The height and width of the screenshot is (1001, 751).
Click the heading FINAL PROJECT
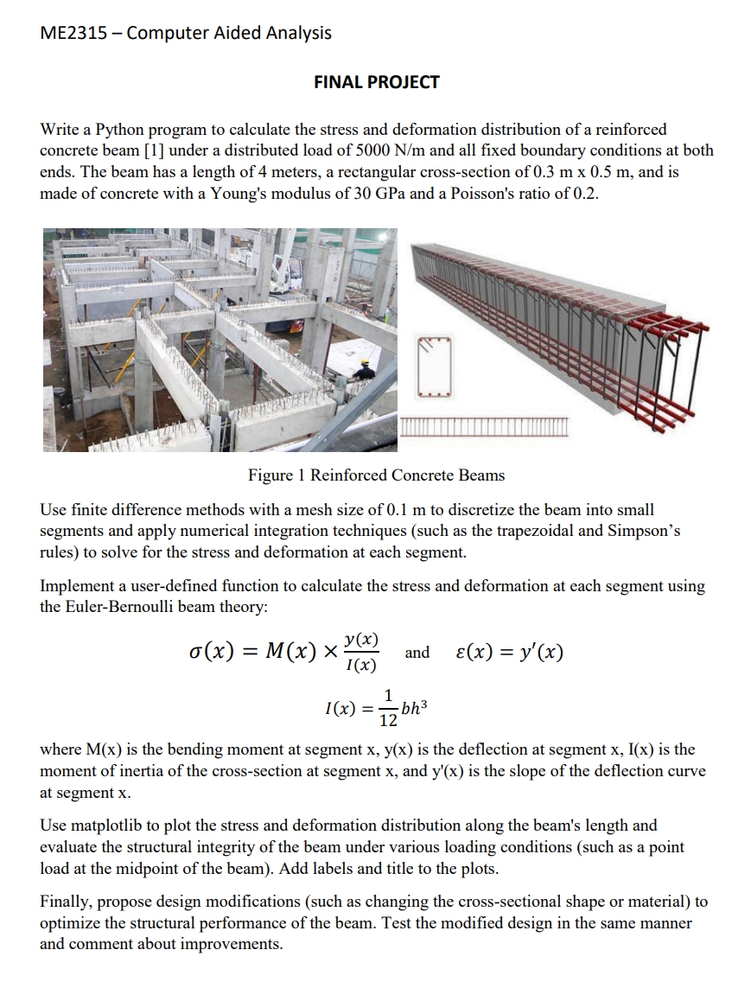pos(376,82)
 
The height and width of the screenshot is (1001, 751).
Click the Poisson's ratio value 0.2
pos(585,192)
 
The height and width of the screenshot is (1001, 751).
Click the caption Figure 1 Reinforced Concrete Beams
pos(376,475)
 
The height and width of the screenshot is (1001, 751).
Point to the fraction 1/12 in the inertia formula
pos(388,709)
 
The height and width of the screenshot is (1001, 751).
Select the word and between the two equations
pos(417,653)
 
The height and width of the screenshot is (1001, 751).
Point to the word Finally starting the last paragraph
pos(68,902)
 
